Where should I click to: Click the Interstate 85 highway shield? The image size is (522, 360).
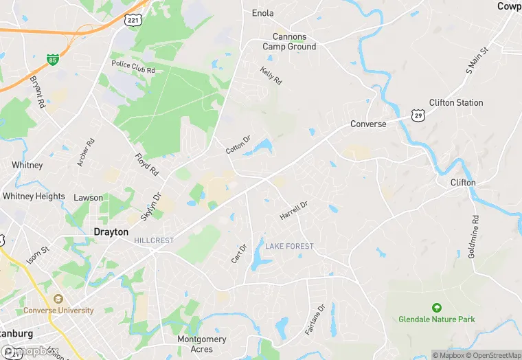[52, 60]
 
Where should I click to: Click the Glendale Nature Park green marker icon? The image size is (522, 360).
[435, 307]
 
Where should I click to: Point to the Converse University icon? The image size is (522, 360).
[58, 299]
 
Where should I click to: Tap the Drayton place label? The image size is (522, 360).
[111, 232]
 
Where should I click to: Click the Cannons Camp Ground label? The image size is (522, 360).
[289, 41]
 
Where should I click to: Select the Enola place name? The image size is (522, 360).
[262, 13]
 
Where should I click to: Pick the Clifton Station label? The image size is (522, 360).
[456, 102]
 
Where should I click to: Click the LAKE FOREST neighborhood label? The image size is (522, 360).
[289, 246]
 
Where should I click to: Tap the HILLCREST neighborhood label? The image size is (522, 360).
[154, 240]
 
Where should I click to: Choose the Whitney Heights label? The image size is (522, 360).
[34, 196]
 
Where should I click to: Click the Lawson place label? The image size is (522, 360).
[88, 198]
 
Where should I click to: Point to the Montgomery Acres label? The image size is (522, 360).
[202, 344]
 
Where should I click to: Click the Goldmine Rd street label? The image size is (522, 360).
[473, 236]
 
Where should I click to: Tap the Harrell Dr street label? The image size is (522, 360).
[294, 210]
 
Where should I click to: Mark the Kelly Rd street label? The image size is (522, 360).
[271, 76]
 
